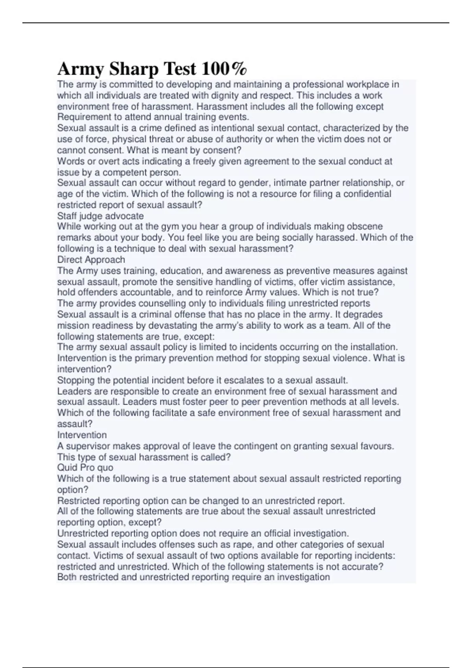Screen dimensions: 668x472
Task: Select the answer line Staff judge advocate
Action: click(100, 216)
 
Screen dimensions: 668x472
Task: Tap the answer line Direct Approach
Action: click(91, 259)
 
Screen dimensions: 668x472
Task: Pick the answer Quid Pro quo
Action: click(85, 468)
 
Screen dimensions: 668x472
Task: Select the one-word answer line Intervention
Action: click(82, 435)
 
